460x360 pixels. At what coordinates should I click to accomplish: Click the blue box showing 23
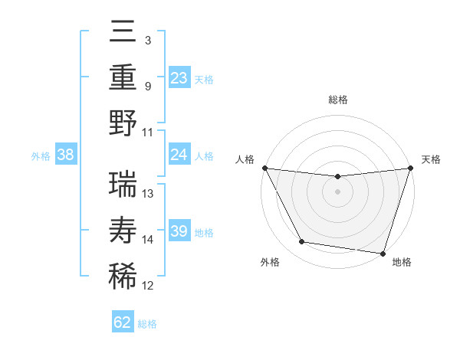point(179,78)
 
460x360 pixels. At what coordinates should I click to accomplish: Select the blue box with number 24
point(179,155)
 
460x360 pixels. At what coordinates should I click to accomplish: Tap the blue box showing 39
point(179,231)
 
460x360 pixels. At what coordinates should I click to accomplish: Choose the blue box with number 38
point(65,155)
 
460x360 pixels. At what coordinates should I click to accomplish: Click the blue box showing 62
point(123,322)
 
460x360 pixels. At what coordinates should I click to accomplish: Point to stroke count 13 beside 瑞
point(149,193)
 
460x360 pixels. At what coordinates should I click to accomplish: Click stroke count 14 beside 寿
point(149,239)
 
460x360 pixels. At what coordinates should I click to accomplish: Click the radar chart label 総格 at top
point(337,100)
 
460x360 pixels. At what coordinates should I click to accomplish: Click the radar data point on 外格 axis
point(301,242)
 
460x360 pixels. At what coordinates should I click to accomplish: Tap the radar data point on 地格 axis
point(382,252)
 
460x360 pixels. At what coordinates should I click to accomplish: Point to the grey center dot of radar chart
point(337,191)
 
